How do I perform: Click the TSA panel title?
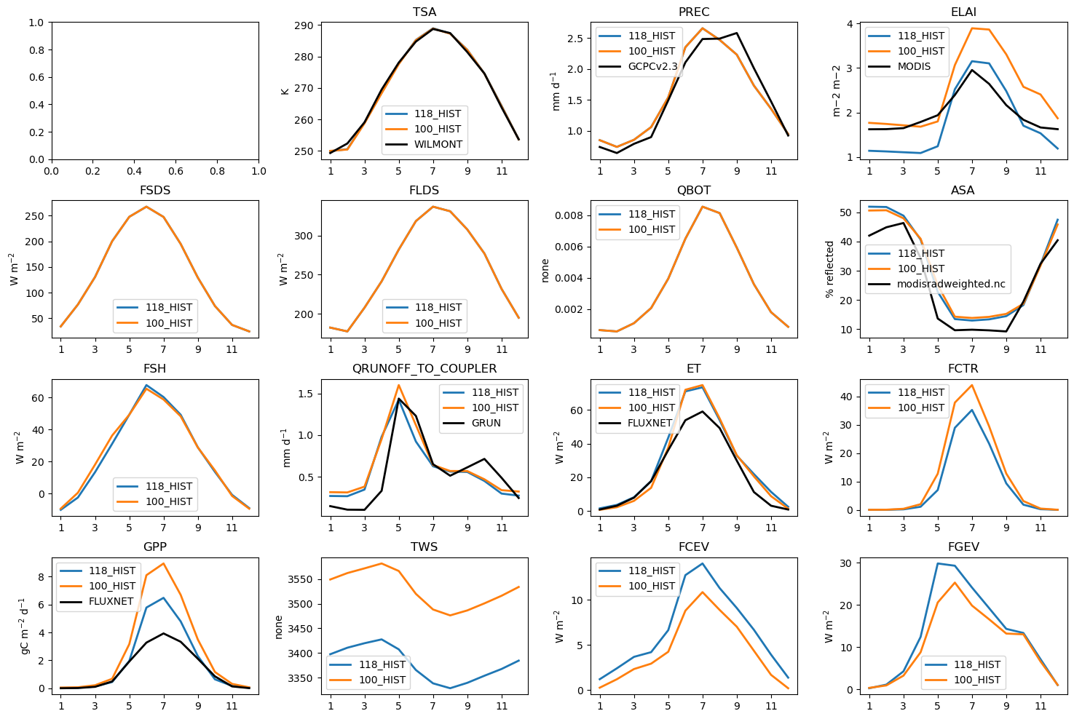425,12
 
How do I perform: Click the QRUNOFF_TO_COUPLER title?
425,369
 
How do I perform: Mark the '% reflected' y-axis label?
829,269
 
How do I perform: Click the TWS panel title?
425,547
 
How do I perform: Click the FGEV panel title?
963,547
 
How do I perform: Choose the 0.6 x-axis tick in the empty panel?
176,171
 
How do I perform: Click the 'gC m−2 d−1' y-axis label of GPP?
24,626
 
